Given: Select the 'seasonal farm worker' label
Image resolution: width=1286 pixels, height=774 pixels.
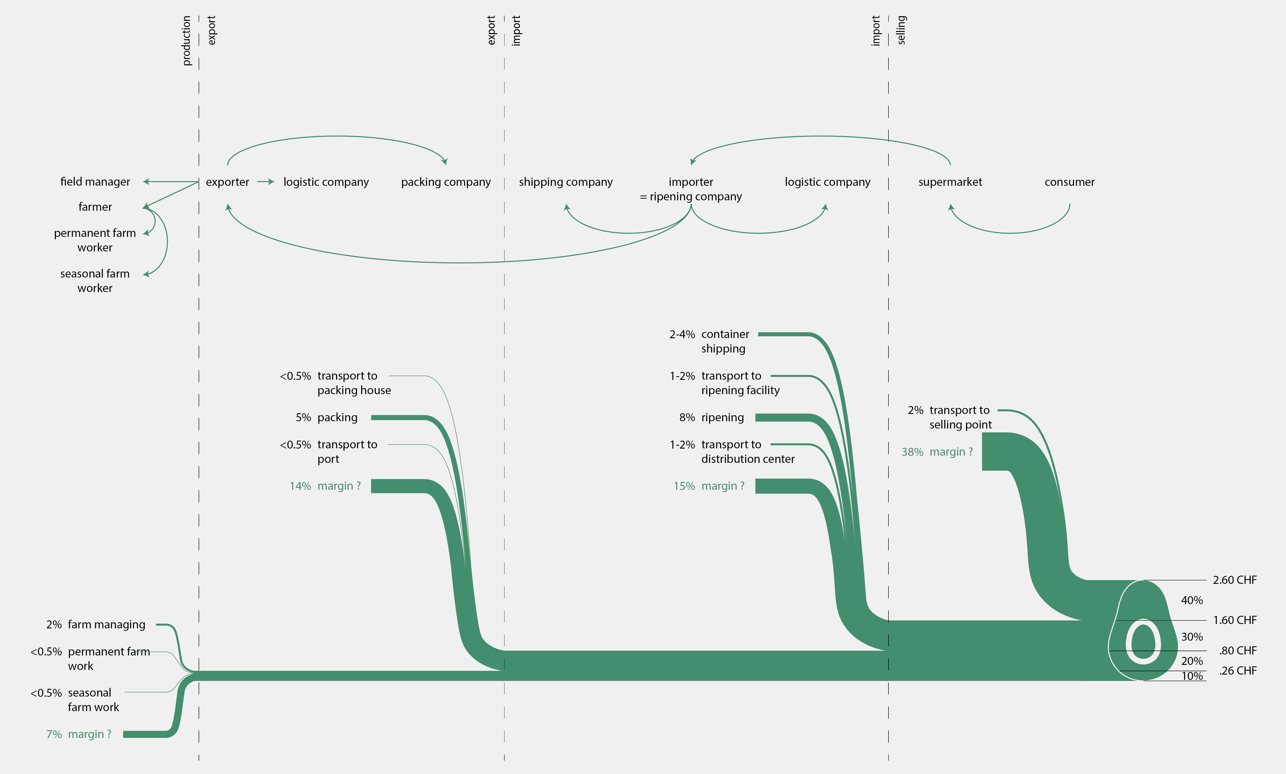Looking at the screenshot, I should [95, 281].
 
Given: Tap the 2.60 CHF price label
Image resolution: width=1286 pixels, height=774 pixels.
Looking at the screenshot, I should [1234, 580].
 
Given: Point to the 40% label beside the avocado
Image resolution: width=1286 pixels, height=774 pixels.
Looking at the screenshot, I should [1192, 600].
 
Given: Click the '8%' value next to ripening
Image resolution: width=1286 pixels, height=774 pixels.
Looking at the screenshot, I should [687, 417].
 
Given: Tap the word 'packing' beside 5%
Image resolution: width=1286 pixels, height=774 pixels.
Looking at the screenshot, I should [337, 417].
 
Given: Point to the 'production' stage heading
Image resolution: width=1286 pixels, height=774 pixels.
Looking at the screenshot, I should [186, 41].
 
